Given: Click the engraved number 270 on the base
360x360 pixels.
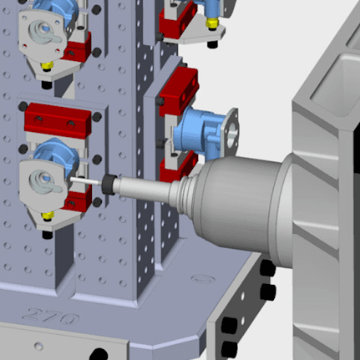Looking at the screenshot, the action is (x=50, y=317).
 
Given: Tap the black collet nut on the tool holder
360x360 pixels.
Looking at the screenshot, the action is (x=109, y=184).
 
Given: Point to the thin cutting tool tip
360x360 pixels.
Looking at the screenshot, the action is (x=86, y=181).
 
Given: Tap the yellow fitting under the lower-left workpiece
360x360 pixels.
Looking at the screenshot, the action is (x=48, y=215).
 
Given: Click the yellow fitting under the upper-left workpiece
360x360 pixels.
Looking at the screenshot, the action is (x=47, y=66).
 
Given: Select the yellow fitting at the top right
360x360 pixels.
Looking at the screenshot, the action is (x=212, y=23).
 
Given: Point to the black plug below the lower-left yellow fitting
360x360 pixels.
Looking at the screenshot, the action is (x=48, y=235).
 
